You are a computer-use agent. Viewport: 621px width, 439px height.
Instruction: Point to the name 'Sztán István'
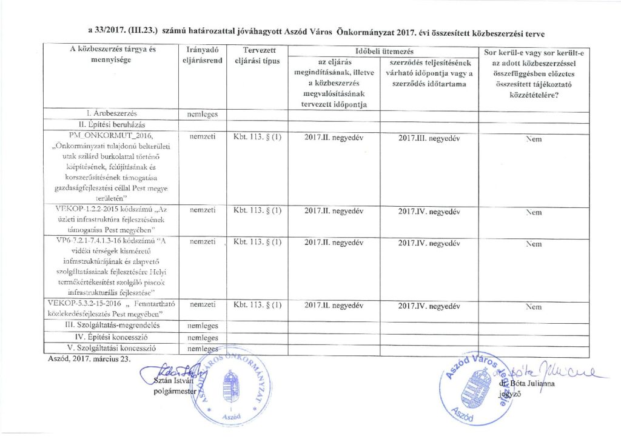[x=175, y=381]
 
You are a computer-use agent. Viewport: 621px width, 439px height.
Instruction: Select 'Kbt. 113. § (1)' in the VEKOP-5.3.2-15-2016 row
[x=257, y=306]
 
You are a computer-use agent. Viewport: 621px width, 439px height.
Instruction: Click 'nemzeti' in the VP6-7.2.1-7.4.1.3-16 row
[x=203, y=242]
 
